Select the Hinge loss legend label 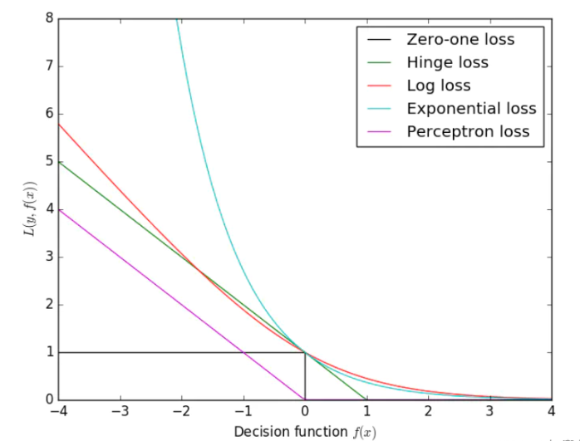coord(447,62)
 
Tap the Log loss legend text coord(439,86)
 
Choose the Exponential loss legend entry coord(471,109)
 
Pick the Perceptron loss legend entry coord(468,131)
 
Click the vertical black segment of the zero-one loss coord(305,376)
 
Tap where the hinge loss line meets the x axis coord(366,399)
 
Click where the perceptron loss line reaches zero coord(305,399)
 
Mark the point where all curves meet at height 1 coord(305,352)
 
